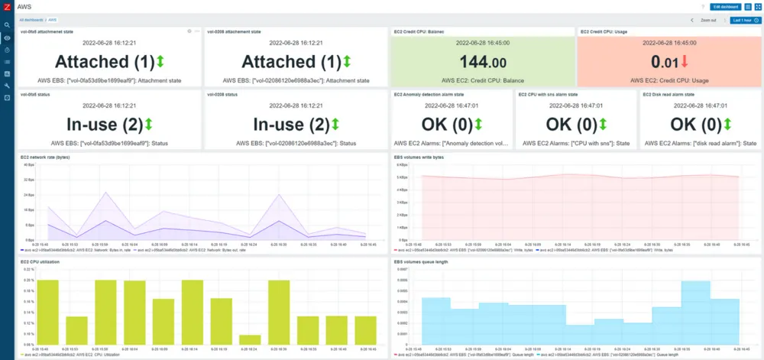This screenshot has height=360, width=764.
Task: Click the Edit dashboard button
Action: coord(726,6)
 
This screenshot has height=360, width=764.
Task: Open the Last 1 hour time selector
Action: coord(741,21)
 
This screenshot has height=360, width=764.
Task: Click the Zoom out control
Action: coord(708,21)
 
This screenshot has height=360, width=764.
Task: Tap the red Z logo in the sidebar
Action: coord(7,7)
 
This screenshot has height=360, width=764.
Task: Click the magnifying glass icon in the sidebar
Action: coord(7,25)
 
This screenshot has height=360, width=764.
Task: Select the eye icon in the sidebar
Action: coord(7,37)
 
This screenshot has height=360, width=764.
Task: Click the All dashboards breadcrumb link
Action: coord(31,19)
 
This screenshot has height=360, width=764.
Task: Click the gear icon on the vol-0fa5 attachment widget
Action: coord(189,31)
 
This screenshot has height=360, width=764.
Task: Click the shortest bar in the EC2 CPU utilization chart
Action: coord(249,341)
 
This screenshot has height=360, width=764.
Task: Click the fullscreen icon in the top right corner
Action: coord(758,6)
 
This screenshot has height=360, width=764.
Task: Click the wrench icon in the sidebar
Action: coord(7,86)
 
